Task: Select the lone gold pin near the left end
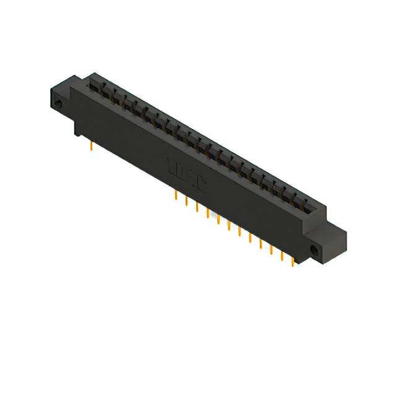(x=92, y=146)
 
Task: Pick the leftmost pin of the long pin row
(x=176, y=196)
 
